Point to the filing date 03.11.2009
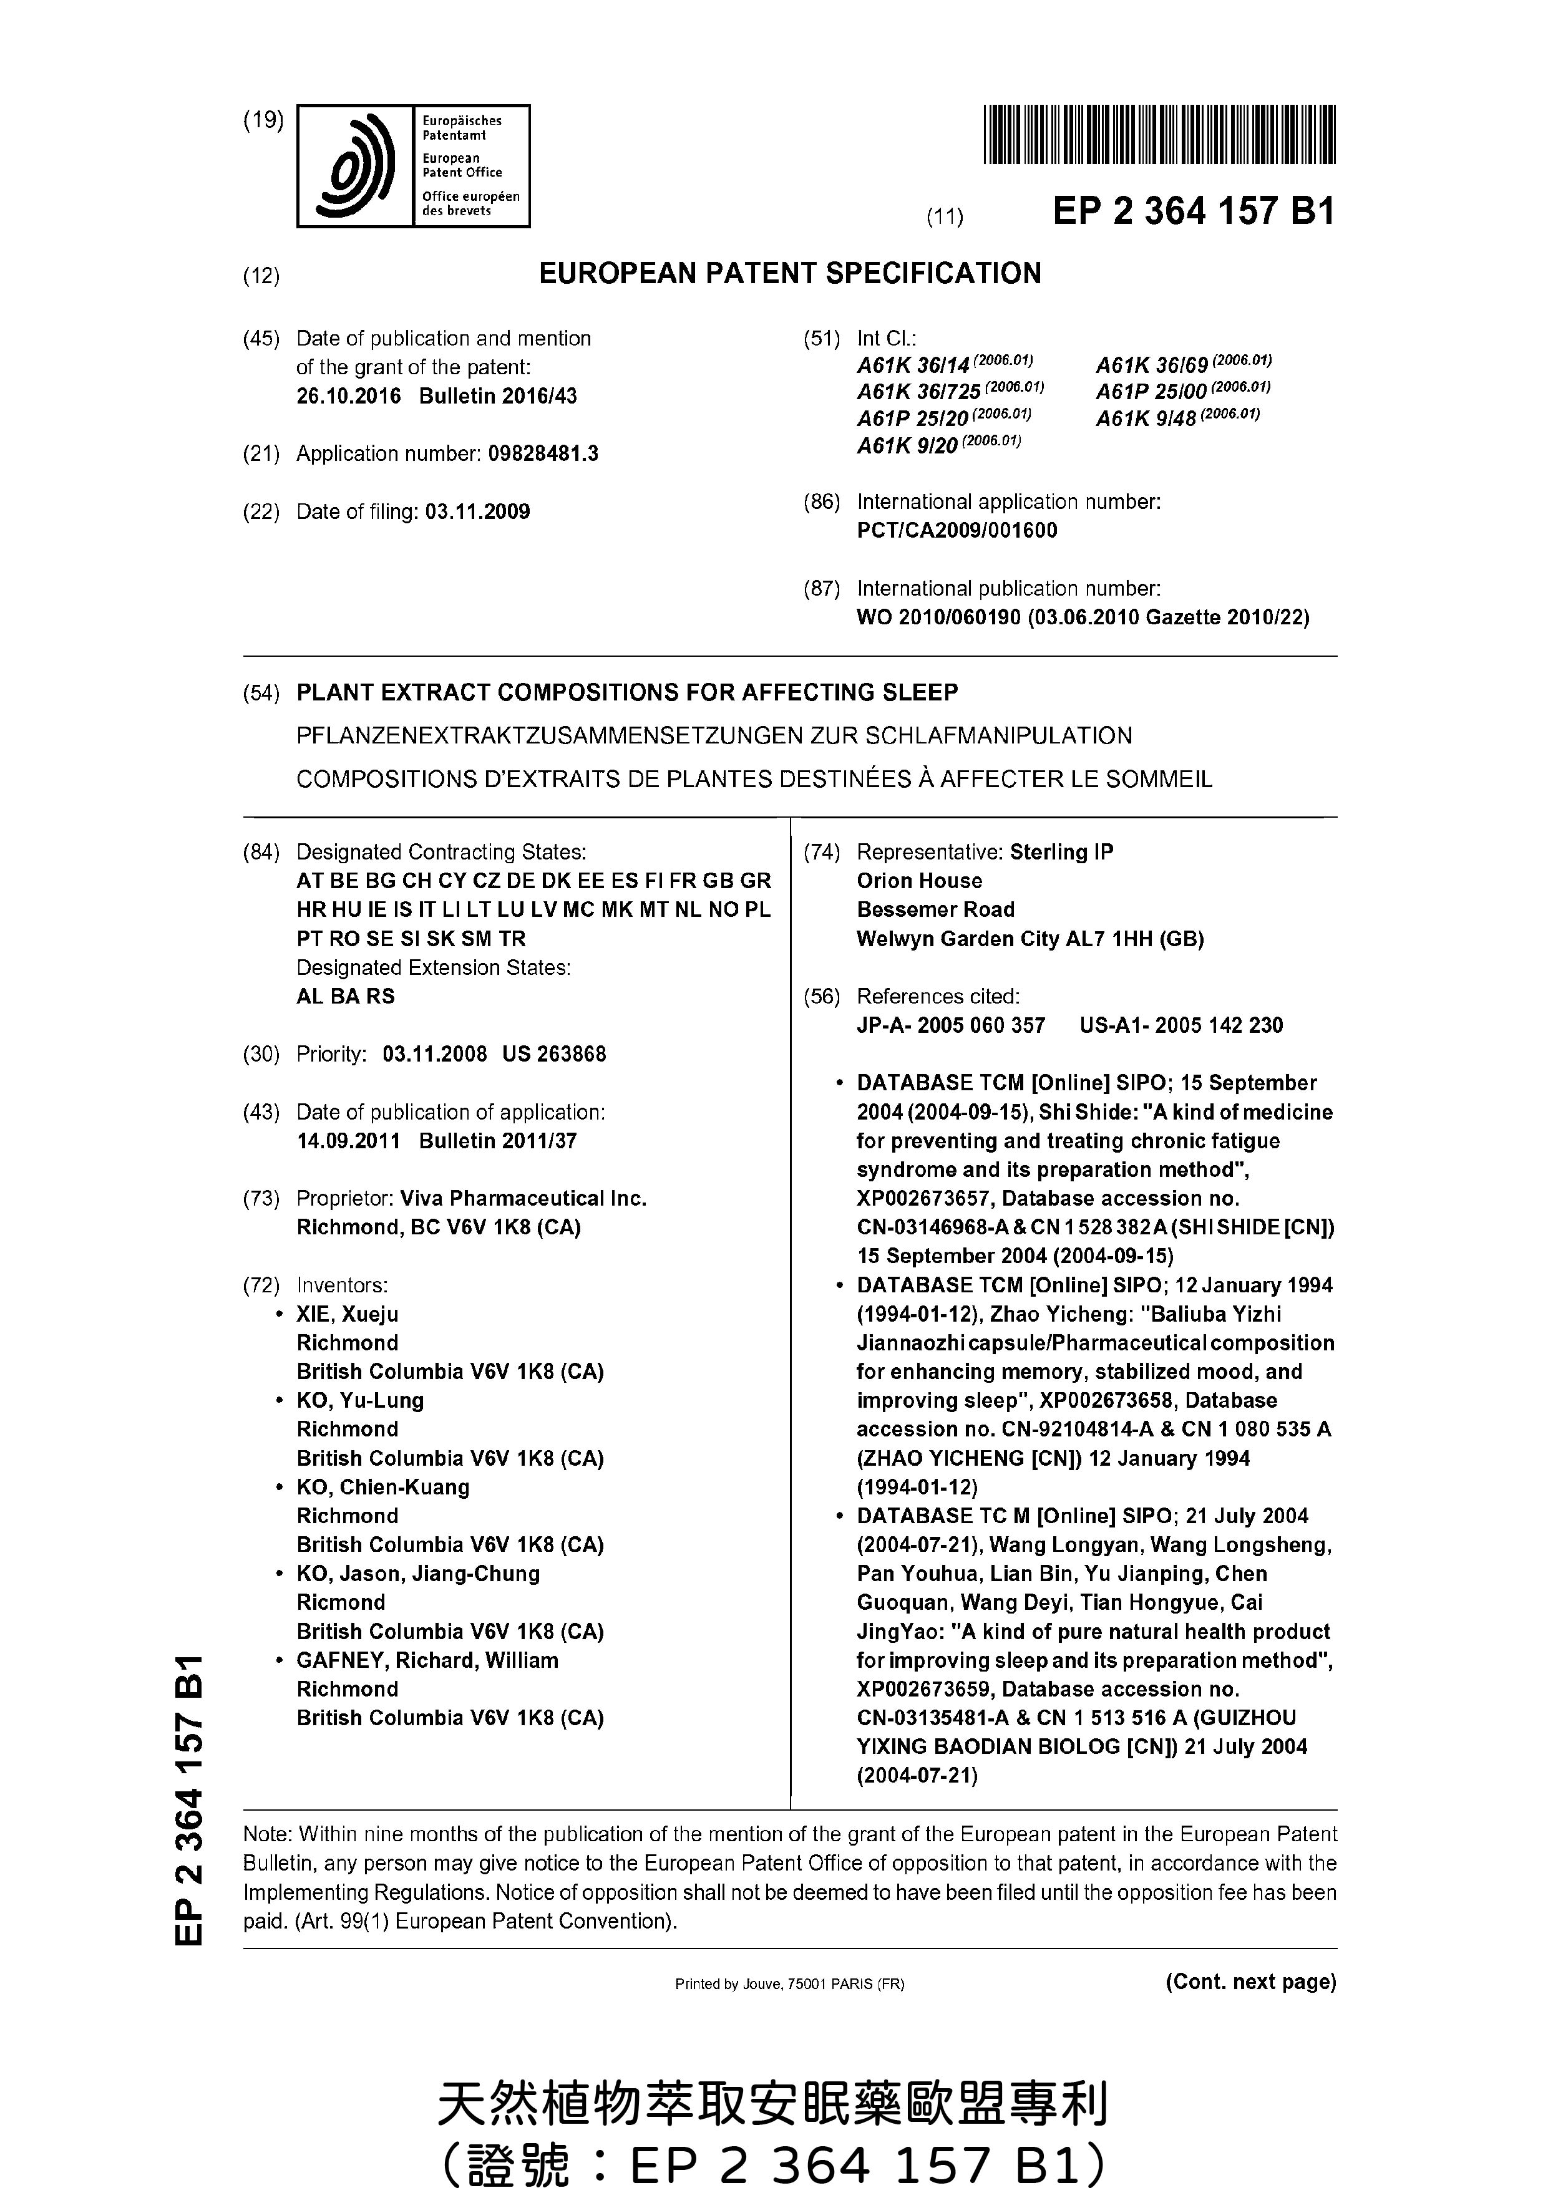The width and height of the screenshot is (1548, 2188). pos(477,511)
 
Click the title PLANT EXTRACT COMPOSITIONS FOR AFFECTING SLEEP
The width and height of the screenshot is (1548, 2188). pos(627,693)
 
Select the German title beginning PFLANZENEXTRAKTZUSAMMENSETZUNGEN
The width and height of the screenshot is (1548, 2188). pos(714,736)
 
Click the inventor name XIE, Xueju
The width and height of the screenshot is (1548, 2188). pos(347,1314)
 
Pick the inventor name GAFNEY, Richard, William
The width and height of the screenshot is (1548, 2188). pos(427,1660)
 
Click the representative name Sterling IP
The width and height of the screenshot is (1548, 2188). pos(1061,852)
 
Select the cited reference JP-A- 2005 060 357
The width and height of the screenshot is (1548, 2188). pos(950,1025)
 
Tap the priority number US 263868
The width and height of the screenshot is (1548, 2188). pos(554,1054)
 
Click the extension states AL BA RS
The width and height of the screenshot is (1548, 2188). pos(345,996)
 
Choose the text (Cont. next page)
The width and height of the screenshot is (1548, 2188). pos(1250,1981)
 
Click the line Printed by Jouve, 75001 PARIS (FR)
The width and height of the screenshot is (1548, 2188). pos(789,1984)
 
